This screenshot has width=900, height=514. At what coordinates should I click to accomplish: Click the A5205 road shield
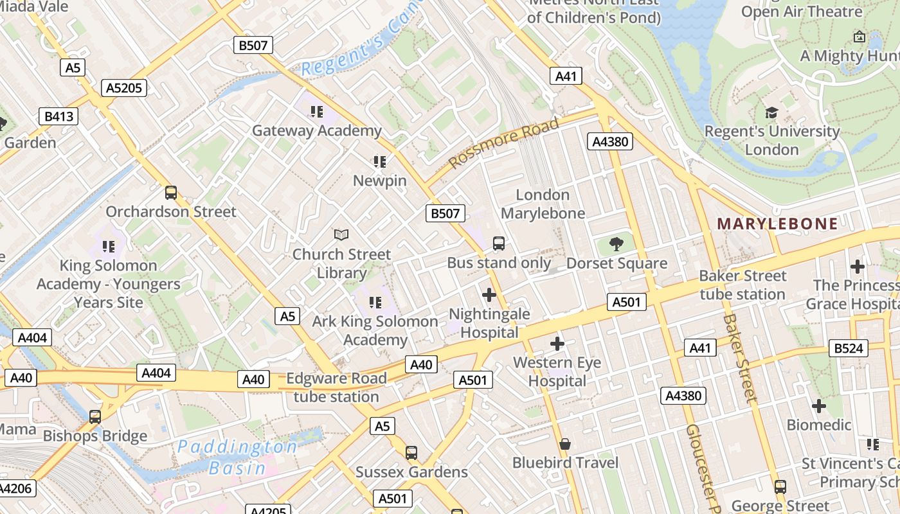click(124, 88)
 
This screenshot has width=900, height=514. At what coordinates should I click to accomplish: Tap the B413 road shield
click(59, 116)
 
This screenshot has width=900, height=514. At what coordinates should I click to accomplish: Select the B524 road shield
click(849, 348)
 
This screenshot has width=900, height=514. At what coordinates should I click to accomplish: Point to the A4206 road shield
click(16, 488)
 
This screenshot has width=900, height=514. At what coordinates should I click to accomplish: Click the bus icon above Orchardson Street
click(171, 192)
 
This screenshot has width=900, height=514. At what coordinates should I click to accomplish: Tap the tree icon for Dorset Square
click(616, 244)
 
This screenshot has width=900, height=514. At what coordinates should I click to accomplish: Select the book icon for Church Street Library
click(341, 235)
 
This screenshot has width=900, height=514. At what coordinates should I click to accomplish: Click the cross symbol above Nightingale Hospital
click(489, 295)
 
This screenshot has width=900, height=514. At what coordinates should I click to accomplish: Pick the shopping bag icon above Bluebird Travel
click(565, 444)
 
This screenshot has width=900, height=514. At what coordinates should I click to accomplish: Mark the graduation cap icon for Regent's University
click(771, 113)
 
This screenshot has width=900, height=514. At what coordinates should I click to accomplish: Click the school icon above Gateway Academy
click(316, 112)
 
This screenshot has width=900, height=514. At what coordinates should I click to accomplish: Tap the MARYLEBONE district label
click(777, 224)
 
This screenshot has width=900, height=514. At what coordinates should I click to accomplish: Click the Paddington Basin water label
click(237, 457)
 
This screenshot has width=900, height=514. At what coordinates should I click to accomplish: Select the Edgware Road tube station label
click(336, 387)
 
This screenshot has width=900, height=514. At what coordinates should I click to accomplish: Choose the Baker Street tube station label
click(742, 285)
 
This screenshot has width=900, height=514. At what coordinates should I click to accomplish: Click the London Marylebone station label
click(543, 204)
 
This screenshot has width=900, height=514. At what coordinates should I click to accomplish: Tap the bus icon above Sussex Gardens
click(411, 453)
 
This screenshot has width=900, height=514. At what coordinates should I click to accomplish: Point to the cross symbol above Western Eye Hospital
click(557, 344)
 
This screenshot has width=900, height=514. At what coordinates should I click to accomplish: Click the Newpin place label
click(380, 181)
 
